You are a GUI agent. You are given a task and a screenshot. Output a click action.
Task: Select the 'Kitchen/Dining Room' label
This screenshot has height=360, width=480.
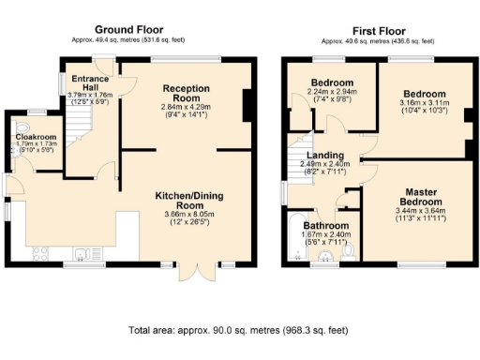[190, 200]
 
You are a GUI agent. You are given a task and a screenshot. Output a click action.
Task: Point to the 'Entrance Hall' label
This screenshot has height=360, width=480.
[84, 79]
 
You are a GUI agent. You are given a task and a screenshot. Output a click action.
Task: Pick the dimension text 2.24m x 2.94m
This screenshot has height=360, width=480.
[332, 91]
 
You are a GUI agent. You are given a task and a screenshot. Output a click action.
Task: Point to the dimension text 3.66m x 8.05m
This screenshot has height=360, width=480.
[190, 215]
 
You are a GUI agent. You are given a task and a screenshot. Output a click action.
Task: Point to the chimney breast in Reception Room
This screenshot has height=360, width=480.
[246, 104]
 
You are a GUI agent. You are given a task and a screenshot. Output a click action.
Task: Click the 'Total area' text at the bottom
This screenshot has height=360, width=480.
[238, 330]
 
